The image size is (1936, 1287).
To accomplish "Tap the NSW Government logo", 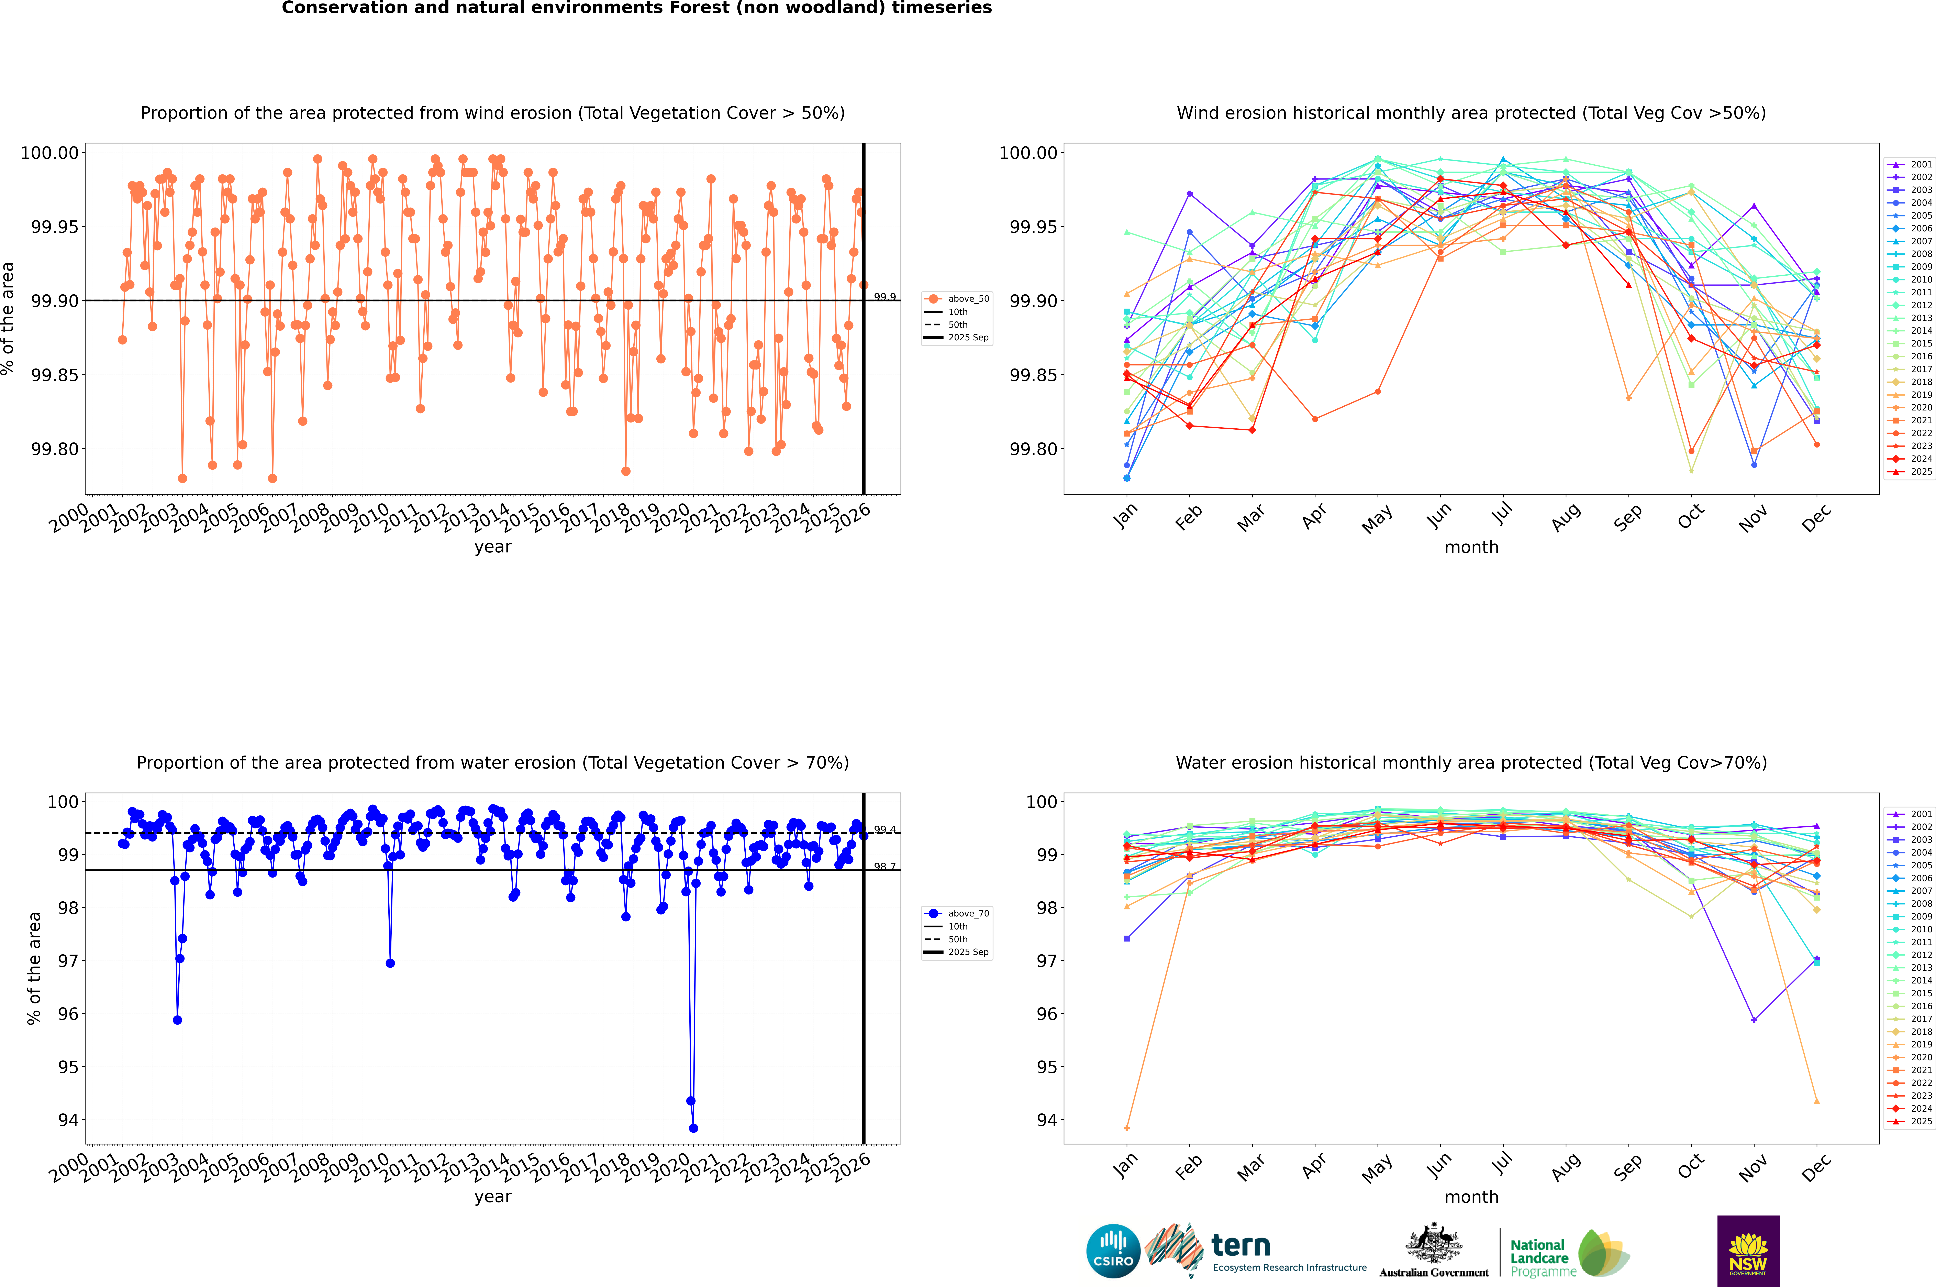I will [x=1748, y=1251].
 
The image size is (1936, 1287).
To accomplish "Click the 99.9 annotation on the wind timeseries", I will [x=885, y=297].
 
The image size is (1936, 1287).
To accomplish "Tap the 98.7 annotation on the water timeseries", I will [x=885, y=867].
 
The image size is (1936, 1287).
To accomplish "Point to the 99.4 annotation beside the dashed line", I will [x=885, y=830].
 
